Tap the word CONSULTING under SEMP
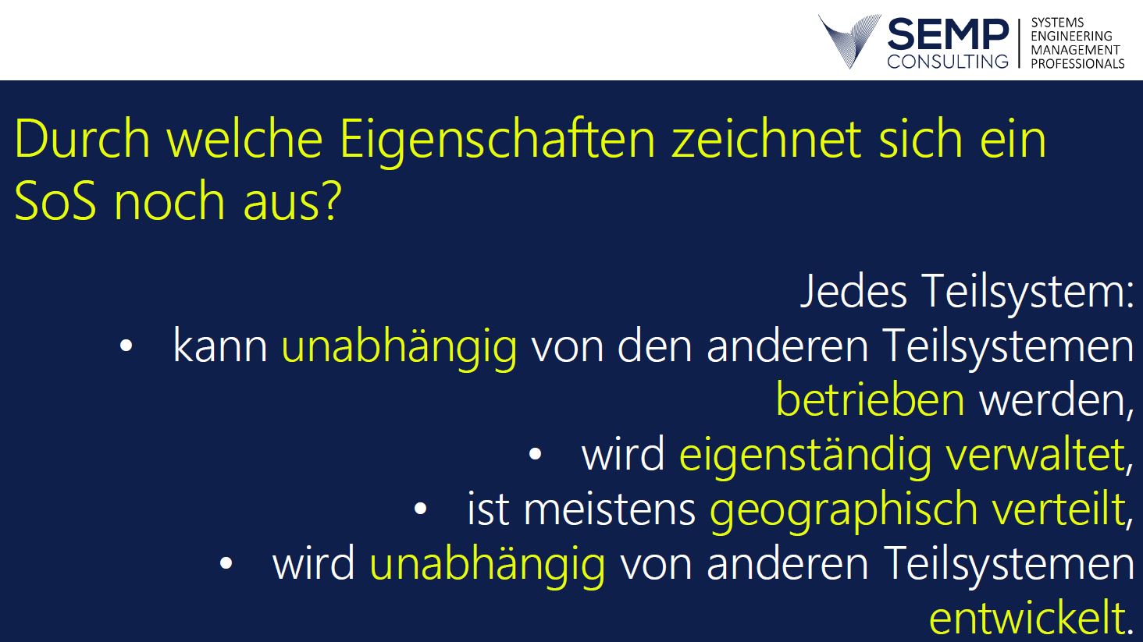point(948,61)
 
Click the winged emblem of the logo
point(849,41)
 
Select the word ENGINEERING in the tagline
point(1071,36)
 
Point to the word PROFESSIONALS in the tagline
point(1077,64)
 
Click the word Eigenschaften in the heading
point(497,140)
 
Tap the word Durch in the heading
point(83,138)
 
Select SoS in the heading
point(55,200)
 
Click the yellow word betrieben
point(871,399)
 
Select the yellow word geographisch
point(844,510)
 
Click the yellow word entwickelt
point(1027,618)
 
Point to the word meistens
point(610,509)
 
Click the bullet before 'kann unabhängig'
point(126,346)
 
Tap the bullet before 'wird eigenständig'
point(535,454)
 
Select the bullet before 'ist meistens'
point(420,509)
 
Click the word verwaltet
point(1035,453)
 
